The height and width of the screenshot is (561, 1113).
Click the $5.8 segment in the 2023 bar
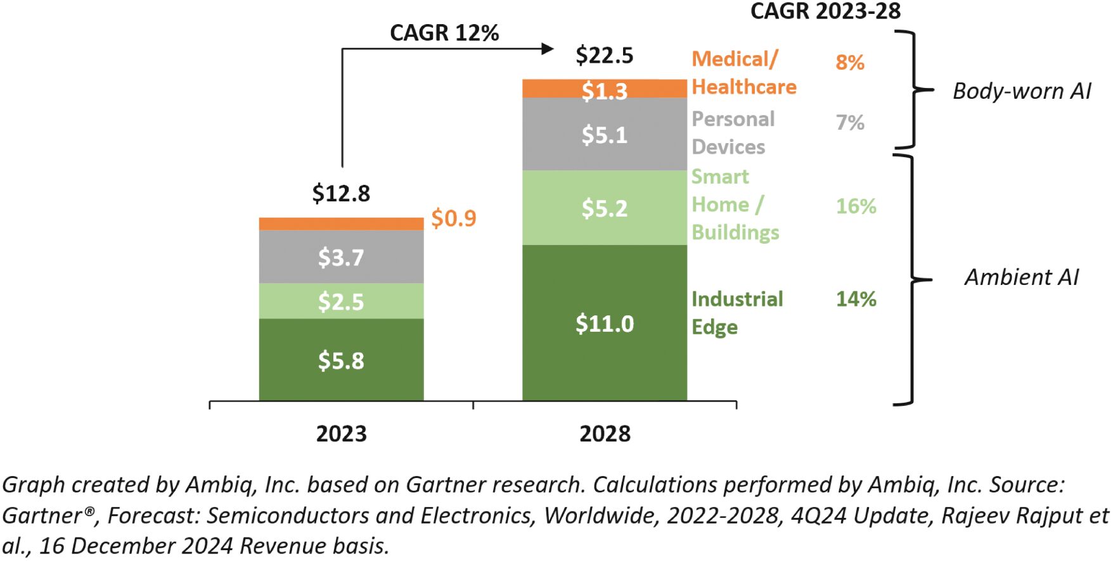tap(341, 360)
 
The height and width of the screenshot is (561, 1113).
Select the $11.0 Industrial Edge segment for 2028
tap(604, 323)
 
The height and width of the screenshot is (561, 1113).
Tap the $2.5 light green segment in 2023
tap(341, 301)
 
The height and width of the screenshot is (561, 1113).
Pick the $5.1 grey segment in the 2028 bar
tap(604, 134)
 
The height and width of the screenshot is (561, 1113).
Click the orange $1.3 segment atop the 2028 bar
tap(604, 89)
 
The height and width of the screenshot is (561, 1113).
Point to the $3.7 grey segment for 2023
tap(341, 256)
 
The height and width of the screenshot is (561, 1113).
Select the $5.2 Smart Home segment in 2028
tap(604, 208)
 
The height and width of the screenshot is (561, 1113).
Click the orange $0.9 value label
tap(453, 218)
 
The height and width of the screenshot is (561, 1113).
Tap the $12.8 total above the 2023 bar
tap(341, 193)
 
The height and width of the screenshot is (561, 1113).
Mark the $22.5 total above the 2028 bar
tap(604, 55)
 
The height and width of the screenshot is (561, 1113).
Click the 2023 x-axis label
tap(341, 434)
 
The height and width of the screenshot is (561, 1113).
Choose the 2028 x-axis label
tap(605, 434)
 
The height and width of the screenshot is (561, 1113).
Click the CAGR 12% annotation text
tap(444, 32)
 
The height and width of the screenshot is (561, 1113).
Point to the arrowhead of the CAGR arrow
tap(548, 49)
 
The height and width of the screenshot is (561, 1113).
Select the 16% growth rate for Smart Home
tap(856, 206)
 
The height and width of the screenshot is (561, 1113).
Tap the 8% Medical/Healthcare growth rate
tap(850, 62)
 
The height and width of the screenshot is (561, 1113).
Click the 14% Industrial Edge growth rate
tap(856, 298)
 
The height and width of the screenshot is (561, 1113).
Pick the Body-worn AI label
tap(1022, 91)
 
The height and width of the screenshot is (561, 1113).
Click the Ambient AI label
tap(1021, 277)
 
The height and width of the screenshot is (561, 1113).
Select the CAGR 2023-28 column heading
tap(825, 11)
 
